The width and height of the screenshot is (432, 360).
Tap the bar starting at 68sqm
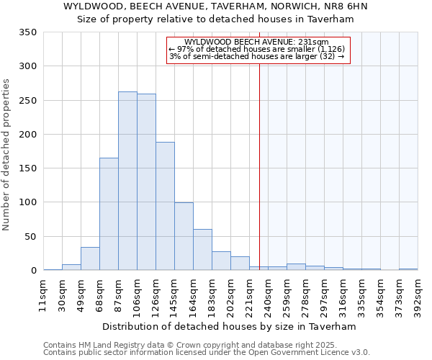[109, 214]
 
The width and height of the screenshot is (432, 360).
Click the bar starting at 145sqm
[184, 236]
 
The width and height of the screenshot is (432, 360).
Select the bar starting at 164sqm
[202, 250]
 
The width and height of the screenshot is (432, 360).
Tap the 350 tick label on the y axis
[28, 32]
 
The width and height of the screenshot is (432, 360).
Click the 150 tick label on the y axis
[28, 168]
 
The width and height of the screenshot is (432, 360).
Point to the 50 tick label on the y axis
[31, 236]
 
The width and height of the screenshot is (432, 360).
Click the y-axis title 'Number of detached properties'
[7, 156]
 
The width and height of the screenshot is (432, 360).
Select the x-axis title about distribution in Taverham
[229, 326]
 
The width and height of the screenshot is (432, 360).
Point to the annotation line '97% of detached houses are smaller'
[256, 49]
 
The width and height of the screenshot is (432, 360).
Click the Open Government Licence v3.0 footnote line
[207, 353]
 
